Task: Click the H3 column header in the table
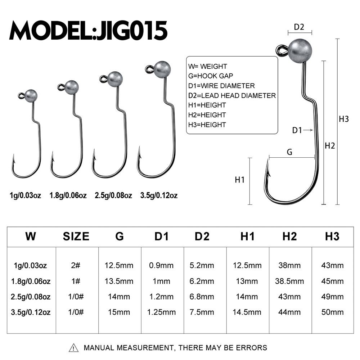point(332,236)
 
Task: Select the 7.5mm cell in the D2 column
point(202,312)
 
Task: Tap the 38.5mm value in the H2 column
point(289,281)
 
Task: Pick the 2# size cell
point(76,265)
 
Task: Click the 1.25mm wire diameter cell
point(161,312)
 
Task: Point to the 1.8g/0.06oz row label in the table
point(31,281)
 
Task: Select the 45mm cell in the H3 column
point(332,281)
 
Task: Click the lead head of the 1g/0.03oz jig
point(31,96)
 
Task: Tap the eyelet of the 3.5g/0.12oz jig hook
point(149,69)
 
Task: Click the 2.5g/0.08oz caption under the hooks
point(113,195)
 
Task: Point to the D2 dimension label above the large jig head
point(299,27)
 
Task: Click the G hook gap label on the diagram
point(289,152)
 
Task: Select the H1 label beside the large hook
point(239,180)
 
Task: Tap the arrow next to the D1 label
point(308,130)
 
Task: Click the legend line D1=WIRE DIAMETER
point(221,86)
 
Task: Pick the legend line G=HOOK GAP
point(211,76)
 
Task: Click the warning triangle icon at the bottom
point(73,348)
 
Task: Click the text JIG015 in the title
point(132,31)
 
